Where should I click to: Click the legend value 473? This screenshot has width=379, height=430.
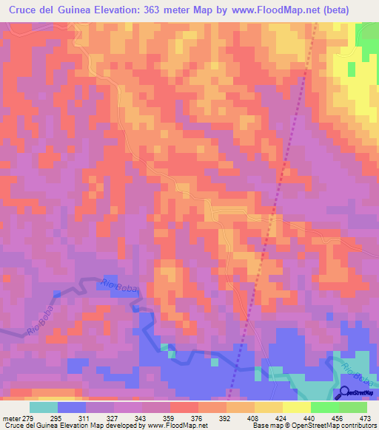coord(364,417)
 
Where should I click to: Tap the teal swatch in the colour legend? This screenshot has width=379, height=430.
coord(43,407)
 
